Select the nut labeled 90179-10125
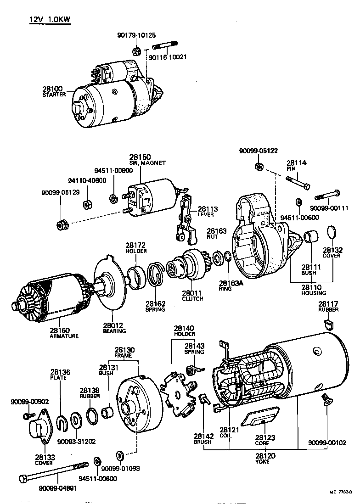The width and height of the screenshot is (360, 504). point(136,50)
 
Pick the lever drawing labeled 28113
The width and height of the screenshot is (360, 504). point(186,218)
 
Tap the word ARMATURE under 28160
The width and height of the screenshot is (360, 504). point(64,336)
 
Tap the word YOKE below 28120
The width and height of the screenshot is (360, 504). point(263,462)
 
